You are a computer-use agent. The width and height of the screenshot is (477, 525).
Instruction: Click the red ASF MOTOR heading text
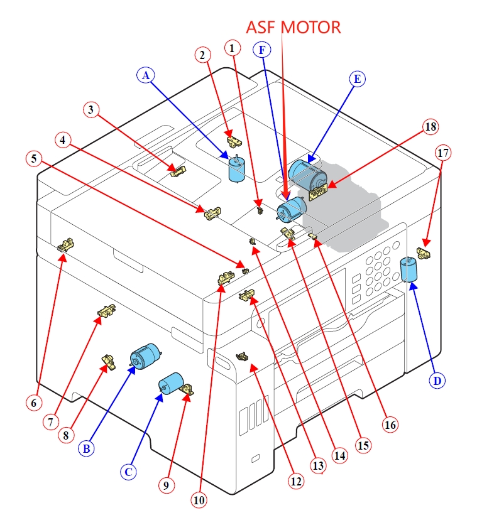click(293, 27)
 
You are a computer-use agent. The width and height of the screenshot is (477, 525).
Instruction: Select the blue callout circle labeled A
click(146, 75)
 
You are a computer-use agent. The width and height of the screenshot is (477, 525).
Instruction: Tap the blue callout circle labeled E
click(357, 78)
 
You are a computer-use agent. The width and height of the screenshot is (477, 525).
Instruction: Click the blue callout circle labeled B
click(87, 448)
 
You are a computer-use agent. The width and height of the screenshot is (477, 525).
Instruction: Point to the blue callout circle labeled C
click(129, 472)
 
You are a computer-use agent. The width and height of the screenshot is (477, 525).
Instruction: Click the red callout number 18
click(430, 127)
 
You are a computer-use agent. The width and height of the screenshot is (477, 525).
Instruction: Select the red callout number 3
click(92, 110)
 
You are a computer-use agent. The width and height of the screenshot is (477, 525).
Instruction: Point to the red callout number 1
click(233, 47)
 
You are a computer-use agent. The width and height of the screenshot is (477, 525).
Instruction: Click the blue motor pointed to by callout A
click(237, 170)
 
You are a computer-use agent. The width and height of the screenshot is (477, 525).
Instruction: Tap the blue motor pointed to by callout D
click(409, 271)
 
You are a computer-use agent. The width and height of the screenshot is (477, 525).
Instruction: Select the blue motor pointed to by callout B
click(145, 356)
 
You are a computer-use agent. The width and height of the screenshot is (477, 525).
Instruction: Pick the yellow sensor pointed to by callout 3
click(179, 171)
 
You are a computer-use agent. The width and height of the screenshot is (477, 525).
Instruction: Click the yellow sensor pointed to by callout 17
click(425, 254)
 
